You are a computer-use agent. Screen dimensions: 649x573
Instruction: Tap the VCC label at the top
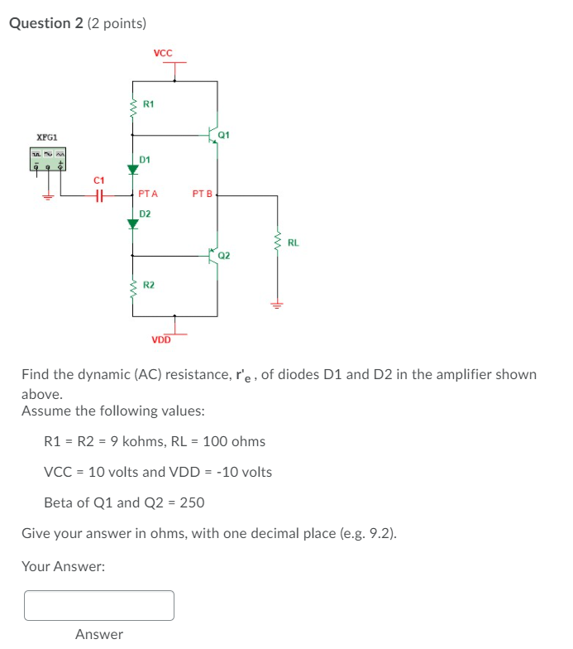163,54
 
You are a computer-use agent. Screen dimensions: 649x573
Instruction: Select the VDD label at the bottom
160,339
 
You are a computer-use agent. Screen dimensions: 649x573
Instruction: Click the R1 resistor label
149,104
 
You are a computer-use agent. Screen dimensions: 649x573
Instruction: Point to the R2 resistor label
149,285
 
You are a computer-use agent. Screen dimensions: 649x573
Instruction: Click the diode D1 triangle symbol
132,171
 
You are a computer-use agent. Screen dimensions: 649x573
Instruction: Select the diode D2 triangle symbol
132,224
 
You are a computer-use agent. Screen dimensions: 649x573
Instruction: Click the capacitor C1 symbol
99,195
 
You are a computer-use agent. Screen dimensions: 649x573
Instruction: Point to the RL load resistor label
294,243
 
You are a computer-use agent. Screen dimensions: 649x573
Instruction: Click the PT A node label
149,195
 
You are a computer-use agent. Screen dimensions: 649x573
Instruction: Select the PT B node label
202,195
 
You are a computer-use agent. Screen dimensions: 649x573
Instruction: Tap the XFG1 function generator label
47,137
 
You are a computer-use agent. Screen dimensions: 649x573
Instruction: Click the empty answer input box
99,605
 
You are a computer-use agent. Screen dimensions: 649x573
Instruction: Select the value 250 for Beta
192,502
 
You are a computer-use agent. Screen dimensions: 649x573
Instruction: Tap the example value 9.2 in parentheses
381,533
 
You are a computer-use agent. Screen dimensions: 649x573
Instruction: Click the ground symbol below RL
277,303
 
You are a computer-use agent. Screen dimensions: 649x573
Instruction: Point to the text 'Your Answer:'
63,567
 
